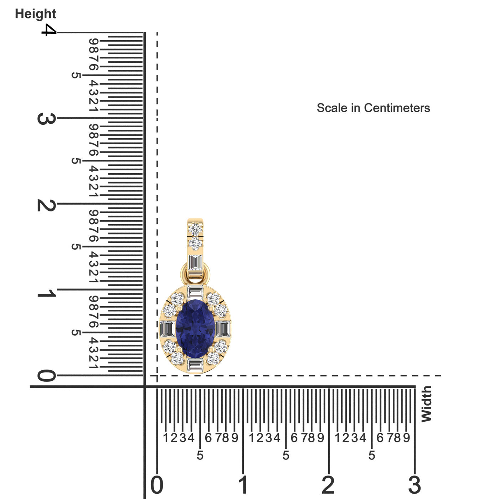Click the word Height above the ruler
click(x=36, y=14)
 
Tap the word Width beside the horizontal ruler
click(x=427, y=404)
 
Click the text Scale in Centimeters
click(x=373, y=108)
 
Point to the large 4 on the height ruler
click(x=49, y=30)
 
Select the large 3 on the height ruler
click(x=47, y=119)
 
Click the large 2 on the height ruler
click(x=47, y=205)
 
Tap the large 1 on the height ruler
click(x=47, y=293)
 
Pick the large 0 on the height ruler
click(x=47, y=375)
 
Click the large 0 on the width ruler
click(x=157, y=485)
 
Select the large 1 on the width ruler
click(x=243, y=485)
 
